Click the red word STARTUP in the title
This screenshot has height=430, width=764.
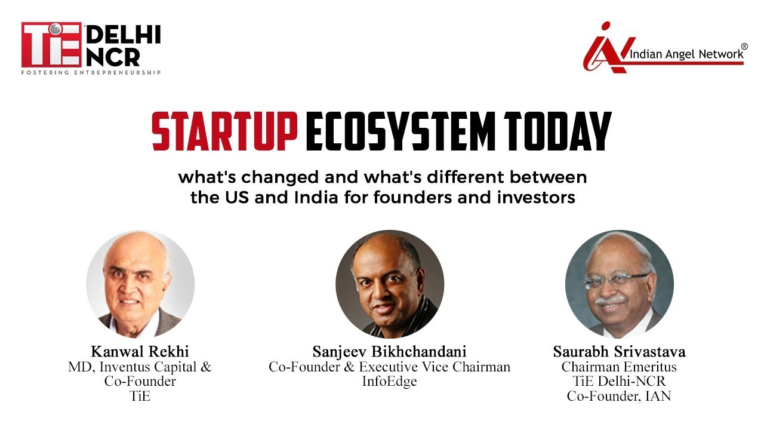(x=224, y=132)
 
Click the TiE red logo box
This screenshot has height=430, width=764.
(x=51, y=45)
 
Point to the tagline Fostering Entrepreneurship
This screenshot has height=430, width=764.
(x=91, y=72)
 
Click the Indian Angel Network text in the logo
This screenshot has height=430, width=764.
(x=685, y=54)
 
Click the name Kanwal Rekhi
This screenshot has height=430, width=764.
(x=140, y=351)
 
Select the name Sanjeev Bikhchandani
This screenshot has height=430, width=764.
(x=389, y=351)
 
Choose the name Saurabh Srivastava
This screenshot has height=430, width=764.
(x=619, y=351)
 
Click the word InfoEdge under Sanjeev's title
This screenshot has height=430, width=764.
(x=389, y=381)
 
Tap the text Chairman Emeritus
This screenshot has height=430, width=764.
(x=619, y=366)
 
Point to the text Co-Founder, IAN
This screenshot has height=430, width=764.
(x=619, y=396)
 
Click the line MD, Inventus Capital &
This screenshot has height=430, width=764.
(x=140, y=366)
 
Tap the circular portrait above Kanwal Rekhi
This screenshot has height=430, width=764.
(x=140, y=284)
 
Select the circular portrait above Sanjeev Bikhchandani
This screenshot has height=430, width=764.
(x=389, y=284)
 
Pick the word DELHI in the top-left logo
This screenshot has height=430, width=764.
(x=123, y=36)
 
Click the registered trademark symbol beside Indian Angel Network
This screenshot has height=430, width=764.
(x=744, y=46)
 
